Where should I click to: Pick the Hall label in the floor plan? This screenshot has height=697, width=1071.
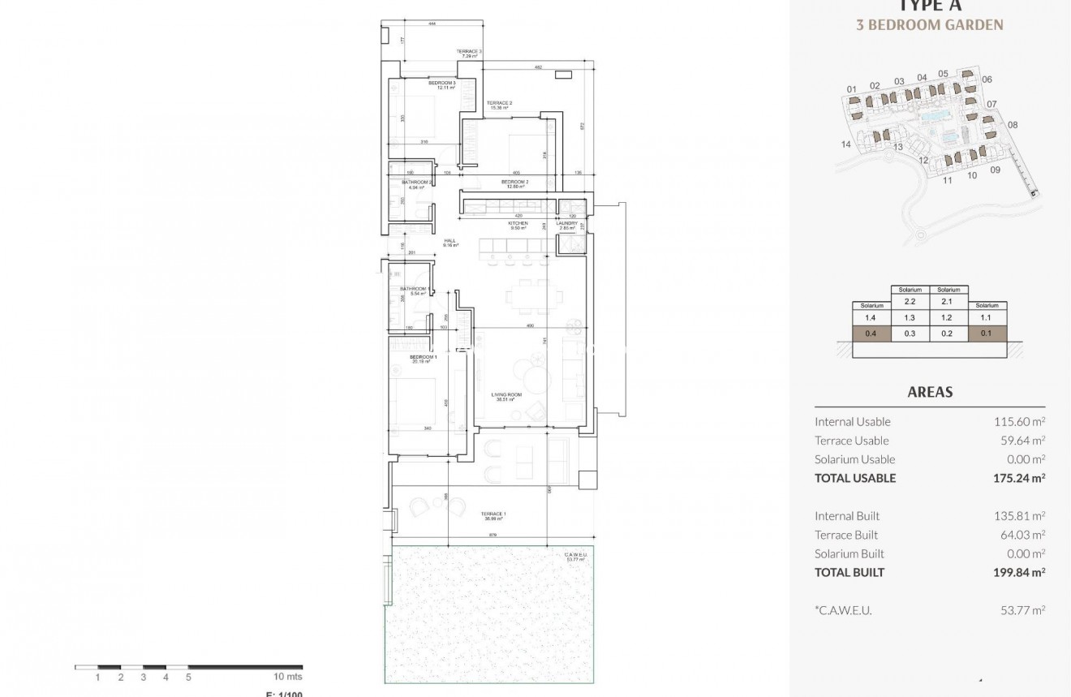click(449, 242)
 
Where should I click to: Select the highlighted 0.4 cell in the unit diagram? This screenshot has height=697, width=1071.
click(871, 333)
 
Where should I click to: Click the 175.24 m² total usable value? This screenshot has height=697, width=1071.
click(1018, 478)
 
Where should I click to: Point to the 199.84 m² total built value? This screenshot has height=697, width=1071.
click(1018, 572)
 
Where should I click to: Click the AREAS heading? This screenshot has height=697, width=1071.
click(930, 392)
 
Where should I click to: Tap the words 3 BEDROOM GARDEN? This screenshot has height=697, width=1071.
click(930, 25)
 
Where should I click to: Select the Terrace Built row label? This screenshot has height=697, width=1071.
click(845, 535)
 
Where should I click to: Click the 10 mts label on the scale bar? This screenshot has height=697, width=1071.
click(287, 677)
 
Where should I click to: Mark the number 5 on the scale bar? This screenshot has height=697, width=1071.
click(188, 677)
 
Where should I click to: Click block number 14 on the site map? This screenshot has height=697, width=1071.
click(846, 144)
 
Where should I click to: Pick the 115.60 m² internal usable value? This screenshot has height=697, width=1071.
click(1018, 421)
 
